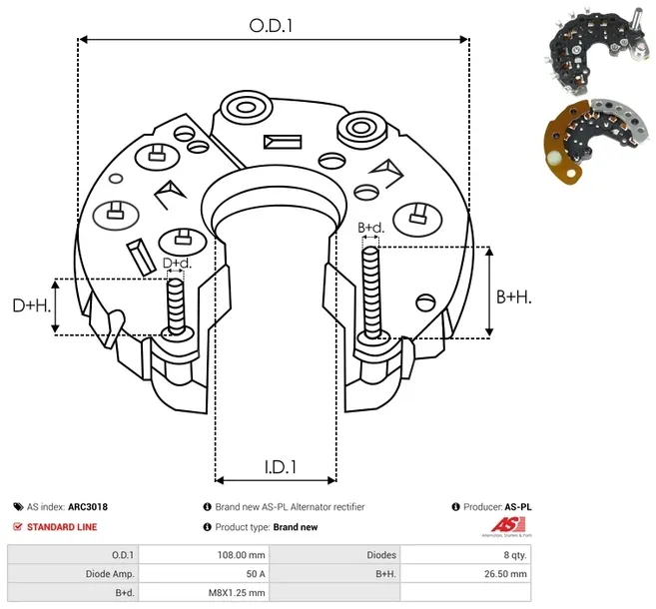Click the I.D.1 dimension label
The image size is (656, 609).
pyautogui.click(x=275, y=464)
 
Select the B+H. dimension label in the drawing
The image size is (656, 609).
pyautogui.click(x=514, y=297)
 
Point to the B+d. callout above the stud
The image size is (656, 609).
pyautogui.click(x=370, y=229)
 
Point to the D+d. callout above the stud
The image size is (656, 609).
pyautogui.click(x=176, y=264)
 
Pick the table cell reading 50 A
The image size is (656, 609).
pyautogui.click(x=255, y=574)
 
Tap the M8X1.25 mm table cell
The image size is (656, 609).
pyautogui.click(x=237, y=593)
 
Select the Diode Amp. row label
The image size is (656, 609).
pyautogui.click(x=111, y=574)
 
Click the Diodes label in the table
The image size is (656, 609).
pyautogui.click(x=381, y=555)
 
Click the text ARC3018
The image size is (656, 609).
pyautogui.click(x=88, y=507)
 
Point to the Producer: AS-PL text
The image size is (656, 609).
pyautogui.click(x=495, y=507)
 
